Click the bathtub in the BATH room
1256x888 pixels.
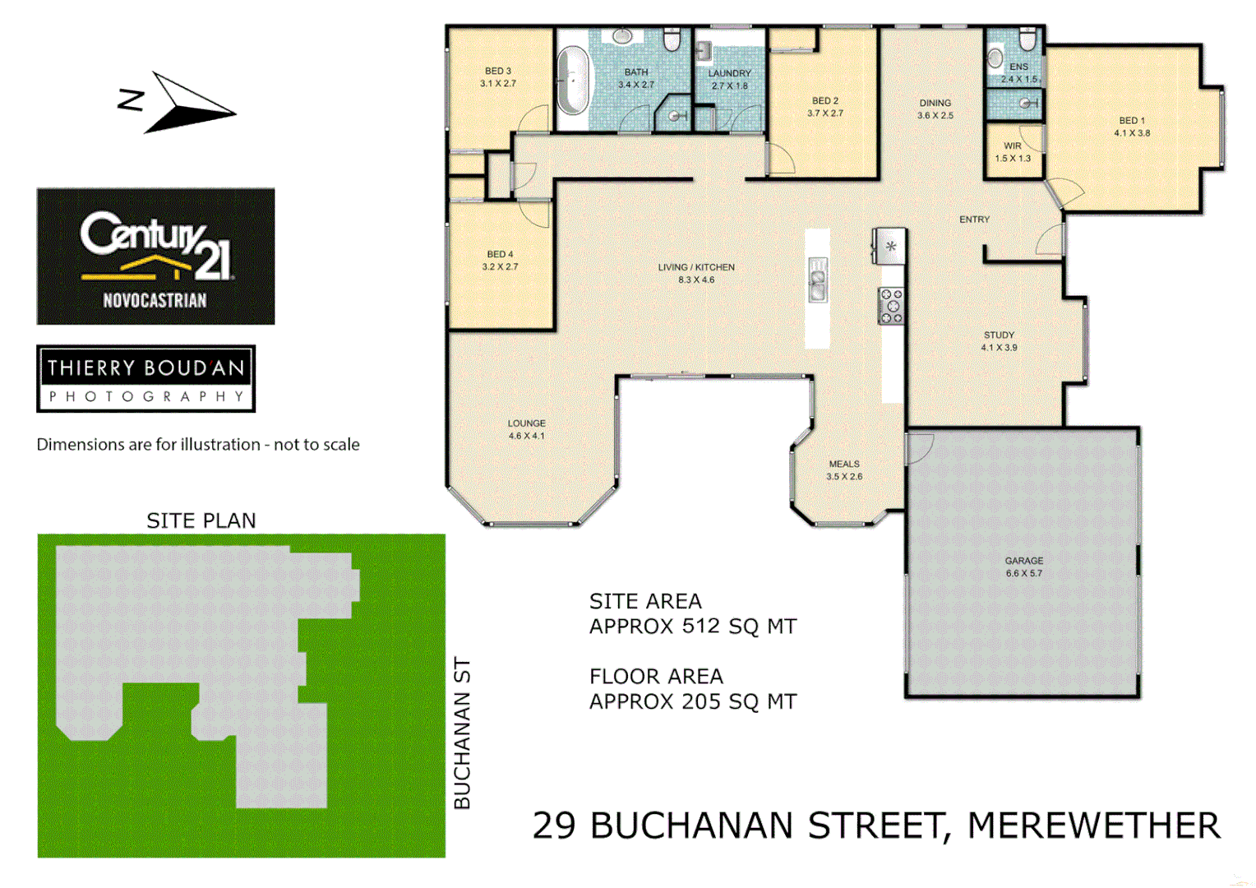[573, 81]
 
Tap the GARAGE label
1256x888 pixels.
[1023, 561]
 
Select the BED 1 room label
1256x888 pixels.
[1132, 120]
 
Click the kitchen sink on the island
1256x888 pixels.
[817, 280]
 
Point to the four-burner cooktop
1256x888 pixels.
[891, 306]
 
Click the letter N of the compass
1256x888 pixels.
[132, 100]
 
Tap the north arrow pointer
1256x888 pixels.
[189, 104]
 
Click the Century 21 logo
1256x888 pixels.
[155, 256]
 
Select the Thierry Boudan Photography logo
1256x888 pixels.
[146, 378]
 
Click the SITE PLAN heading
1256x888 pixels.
[201, 520]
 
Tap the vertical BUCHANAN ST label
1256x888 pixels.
[463, 733]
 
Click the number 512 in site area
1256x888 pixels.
[700, 627]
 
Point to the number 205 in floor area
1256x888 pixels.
[700, 702]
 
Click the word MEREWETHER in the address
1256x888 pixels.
[1093, 826]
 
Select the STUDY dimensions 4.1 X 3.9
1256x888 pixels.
[999, 348]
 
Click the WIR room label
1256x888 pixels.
[1013, 146]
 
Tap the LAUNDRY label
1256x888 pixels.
[730, 73]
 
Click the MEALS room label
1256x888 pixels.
[844, 464]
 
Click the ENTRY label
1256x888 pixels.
[974, 220]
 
